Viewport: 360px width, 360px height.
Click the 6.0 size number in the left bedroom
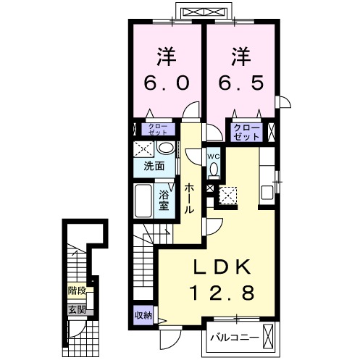point(166,83)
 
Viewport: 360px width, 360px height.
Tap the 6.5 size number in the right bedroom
point(240,83)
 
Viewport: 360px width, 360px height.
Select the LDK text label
point(222,267)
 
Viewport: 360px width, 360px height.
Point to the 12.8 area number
point(223,293)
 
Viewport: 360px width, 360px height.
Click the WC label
point(214,156)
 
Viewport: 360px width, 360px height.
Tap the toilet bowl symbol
point(214,170)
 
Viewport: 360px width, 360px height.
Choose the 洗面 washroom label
point(154,166)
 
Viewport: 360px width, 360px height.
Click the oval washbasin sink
point(166,148)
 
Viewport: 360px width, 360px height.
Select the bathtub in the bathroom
point(143,201)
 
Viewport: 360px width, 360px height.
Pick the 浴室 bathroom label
point(164,201)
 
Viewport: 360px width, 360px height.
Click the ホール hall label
point(190,198)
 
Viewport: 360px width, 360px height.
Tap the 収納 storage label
point(143,315)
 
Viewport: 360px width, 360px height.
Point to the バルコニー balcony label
point(234,338)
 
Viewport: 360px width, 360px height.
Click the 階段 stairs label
point(77,290)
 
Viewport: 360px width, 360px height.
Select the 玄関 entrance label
point(77,310)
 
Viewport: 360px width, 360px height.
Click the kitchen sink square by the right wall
point(267,193)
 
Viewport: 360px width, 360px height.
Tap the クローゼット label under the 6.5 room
point(246,132)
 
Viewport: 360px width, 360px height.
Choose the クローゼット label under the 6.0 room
point(158,130)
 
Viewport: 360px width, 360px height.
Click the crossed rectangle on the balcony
point(268,335)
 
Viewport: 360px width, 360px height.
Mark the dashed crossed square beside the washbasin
point(143,148)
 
